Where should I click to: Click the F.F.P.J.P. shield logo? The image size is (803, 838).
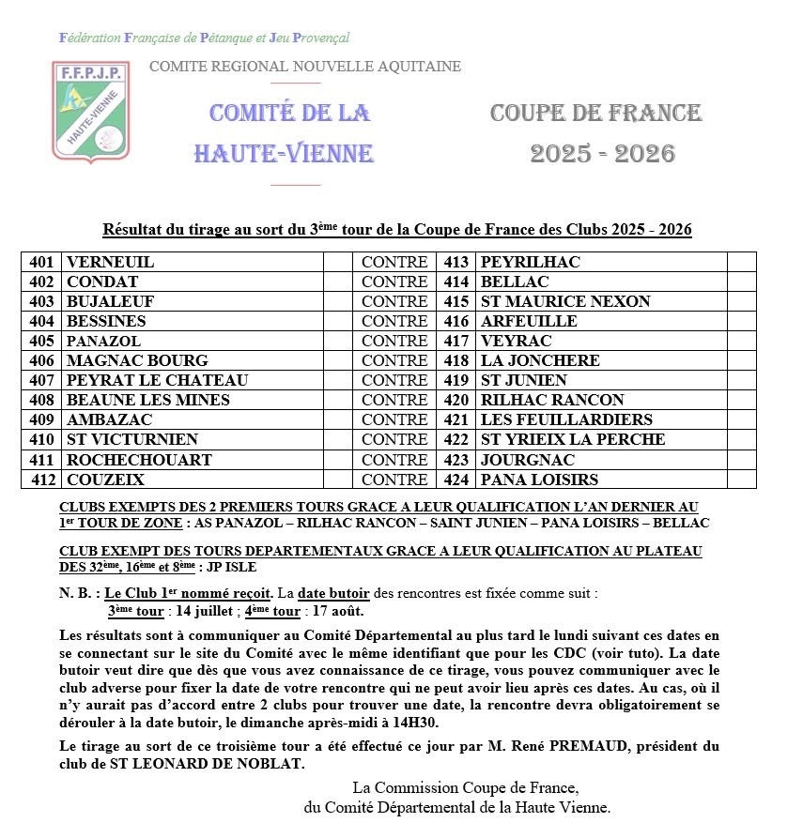click(90, 111)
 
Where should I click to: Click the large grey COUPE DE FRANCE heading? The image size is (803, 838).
click(595, 114)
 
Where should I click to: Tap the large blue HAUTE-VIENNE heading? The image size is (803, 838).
click(284, 153)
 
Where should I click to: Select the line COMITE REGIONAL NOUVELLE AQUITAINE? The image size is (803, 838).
click(305, 67)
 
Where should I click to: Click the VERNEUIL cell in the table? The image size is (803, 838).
click(110, 263)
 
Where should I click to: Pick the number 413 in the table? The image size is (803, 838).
click(456, 263)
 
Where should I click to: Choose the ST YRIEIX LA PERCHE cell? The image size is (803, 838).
click(572, 440)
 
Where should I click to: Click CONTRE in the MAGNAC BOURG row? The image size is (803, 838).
click(394, 361)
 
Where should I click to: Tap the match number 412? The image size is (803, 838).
click(43, 480)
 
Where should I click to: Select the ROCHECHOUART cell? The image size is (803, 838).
click(139, 460)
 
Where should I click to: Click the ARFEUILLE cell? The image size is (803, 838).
click(528, 322)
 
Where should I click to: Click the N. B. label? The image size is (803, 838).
click(77, 594)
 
